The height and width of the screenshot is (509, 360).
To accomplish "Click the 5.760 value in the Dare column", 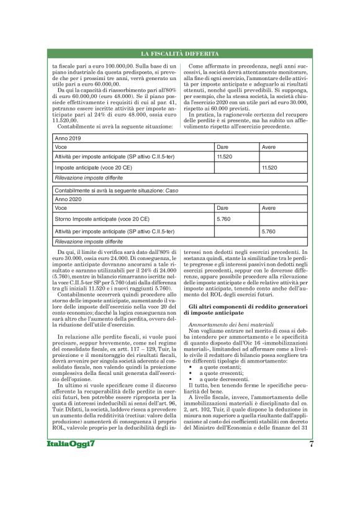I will click(x=223, y=219).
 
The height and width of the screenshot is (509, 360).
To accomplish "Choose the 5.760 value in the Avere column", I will click(x=269, y=231).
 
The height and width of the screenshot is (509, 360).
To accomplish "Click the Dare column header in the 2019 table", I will click(x=222, y=147).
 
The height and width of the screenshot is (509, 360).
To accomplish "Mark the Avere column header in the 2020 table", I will click(x=269, y=208).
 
